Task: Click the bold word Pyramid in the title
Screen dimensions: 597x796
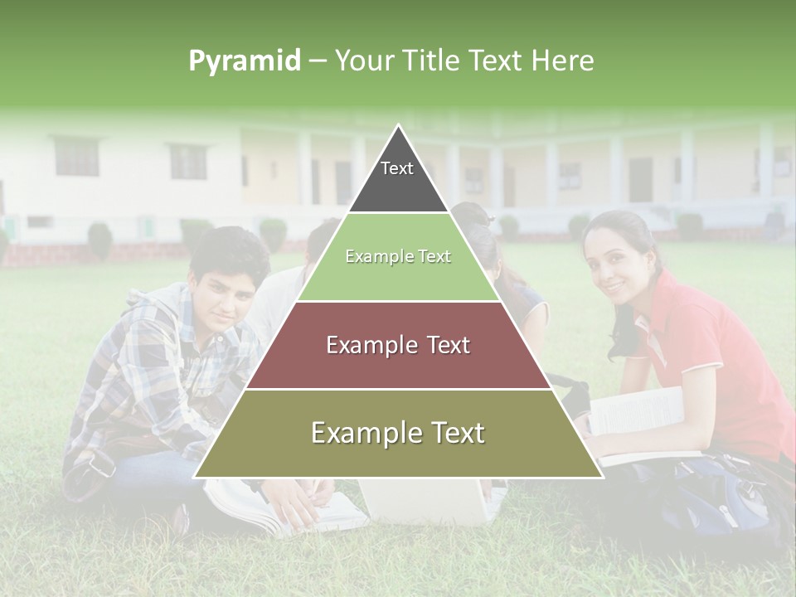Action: (244, 61)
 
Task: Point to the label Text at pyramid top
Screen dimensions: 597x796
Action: (397, 168)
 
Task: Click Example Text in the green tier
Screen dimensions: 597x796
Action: (398, 257)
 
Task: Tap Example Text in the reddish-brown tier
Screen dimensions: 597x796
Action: (398, 345)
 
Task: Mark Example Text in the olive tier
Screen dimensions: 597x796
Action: (398, 433)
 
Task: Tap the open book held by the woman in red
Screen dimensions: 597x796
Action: (638, 415)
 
